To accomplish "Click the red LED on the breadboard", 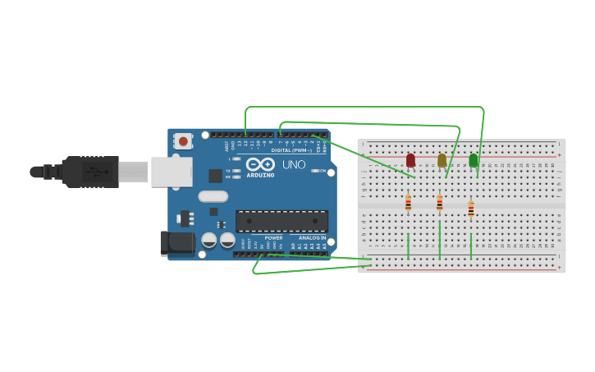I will pyautogui.click(x=410, y=160).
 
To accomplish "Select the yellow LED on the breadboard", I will pyautogui.click(x=442, y=160).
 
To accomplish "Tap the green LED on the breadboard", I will pyautogui.click(x=473, y=160).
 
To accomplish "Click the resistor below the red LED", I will pyautogui.click(x=408, y=203).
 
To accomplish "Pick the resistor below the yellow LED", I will pyautogui.click(x=439, y=203).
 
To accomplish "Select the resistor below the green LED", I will pyautogui.click(x=470, y=209).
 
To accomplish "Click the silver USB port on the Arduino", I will pyautogui.click(x=172, y=172).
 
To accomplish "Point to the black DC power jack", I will pyautogui.click(x=176, y=242).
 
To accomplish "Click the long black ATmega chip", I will pyautogui.click(x=281, y=221).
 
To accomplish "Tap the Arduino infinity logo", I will pyautogui.click(x=260, y=164).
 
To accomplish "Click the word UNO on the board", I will pyautogui.click(x=294, y=165).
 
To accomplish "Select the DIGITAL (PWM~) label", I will pyautogui.click(x=291, y=150).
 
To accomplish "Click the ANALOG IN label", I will pyautogui.click(x=311, y=237).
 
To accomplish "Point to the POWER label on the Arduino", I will pyautogui.click(x=273, y=237).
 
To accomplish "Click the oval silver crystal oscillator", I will pyautogui.click(x=213, y=196).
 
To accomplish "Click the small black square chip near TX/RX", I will pyautogui.click(x=215, y=175).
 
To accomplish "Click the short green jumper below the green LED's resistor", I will pyautogui.click(x=470, y=246).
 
